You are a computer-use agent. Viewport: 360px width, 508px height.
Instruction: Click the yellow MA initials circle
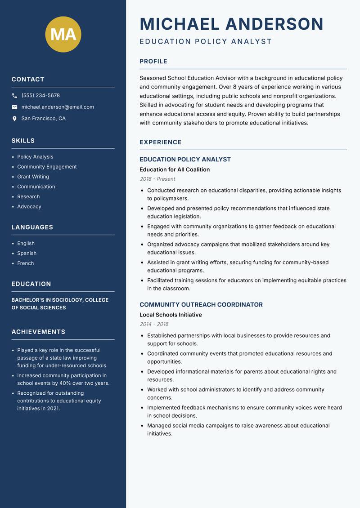[63, 34]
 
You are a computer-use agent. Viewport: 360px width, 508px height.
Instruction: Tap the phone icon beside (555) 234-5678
[15, 96]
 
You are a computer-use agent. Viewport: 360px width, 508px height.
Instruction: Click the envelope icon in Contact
[15, 107]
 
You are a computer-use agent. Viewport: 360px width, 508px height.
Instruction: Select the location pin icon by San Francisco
[15, 119]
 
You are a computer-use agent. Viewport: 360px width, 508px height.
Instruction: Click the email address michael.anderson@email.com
[58, 107]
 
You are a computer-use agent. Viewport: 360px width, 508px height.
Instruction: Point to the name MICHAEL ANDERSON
[231, 24]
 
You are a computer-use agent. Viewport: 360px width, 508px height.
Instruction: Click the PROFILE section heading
[153, 62]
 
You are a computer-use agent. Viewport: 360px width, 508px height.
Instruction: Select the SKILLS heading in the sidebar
[23, 141]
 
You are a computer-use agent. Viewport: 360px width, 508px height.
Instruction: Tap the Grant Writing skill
[33, 177]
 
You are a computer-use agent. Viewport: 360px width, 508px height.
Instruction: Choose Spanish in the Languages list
[27, 254]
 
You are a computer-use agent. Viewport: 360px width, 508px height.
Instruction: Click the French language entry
[25, 263]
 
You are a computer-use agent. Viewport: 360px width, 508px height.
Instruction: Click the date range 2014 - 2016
[153, 324]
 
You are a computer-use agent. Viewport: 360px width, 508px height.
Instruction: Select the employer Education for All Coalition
[175, 169]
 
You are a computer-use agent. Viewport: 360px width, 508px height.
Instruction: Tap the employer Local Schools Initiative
[171, 315]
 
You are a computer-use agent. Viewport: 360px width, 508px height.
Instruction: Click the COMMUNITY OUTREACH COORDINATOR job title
[201, 305]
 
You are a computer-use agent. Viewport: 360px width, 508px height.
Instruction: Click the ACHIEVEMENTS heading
[38, 332]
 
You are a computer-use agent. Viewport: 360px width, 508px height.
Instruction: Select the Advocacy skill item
[29, 207]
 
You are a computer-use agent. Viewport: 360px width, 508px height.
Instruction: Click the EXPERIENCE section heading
[160, 143]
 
